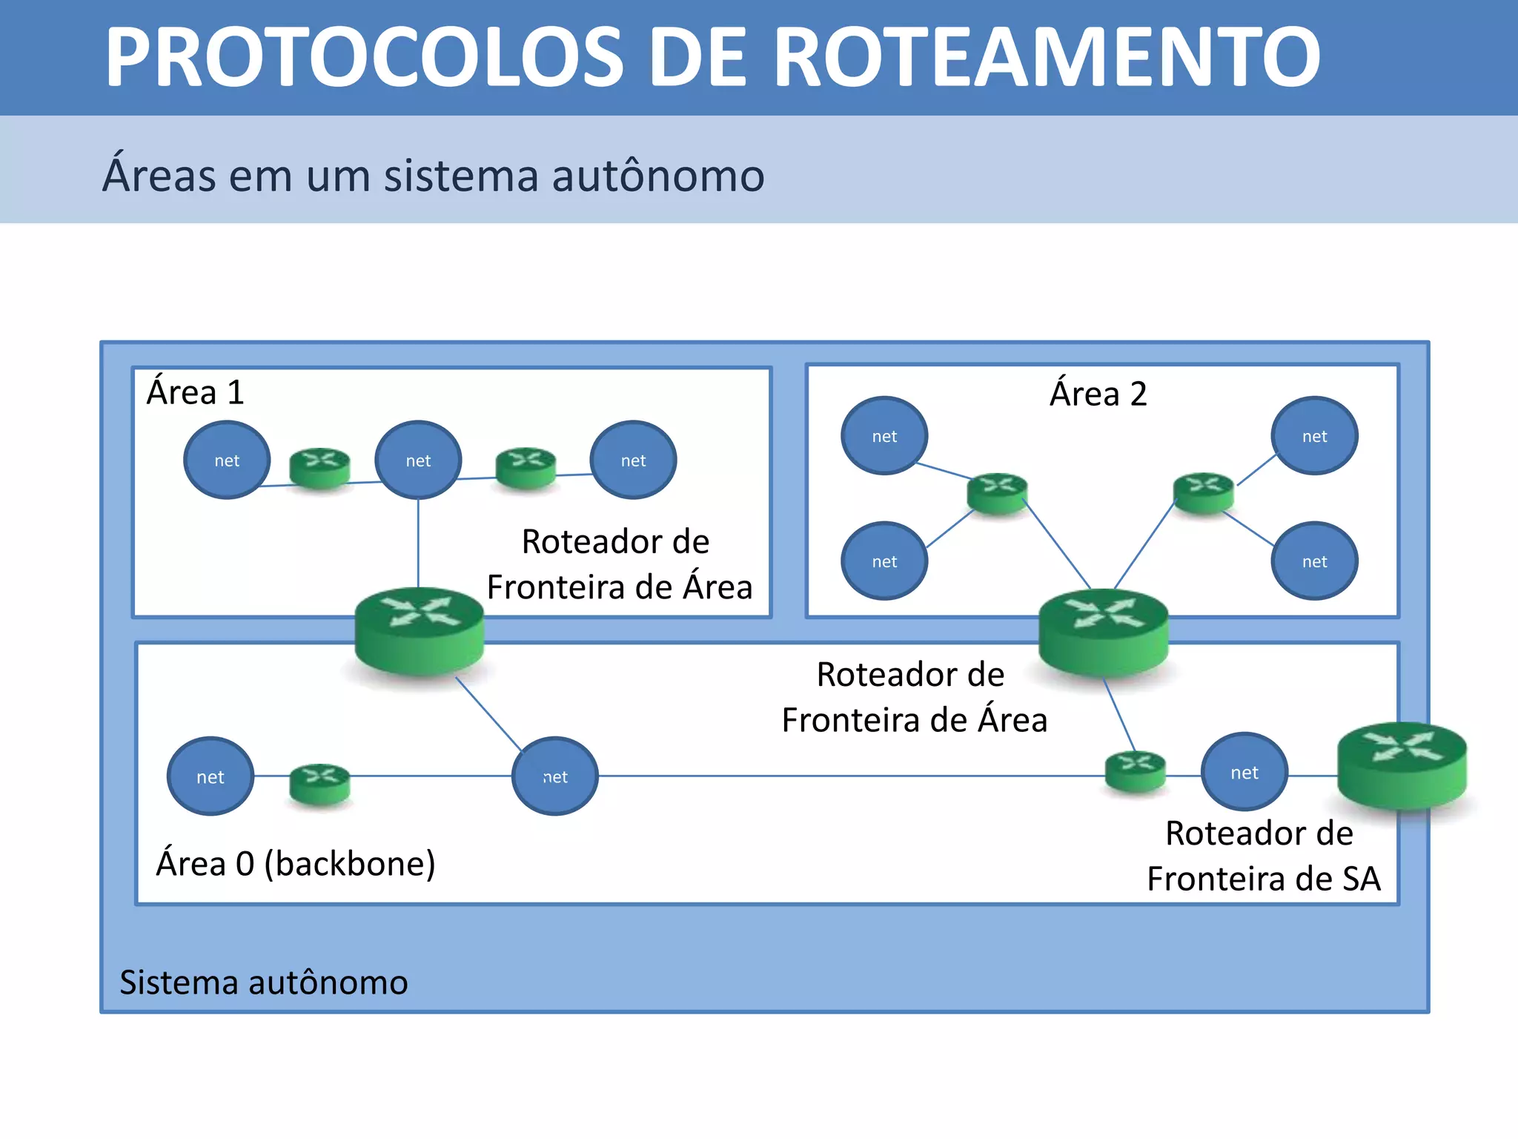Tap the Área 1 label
[195, 392]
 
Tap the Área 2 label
[1098, 394]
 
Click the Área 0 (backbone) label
[295, 864]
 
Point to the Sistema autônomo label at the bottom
[263, 983]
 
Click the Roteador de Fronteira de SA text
[1262, 856]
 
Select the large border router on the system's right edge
[1401, 766]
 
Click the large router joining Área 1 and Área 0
[420, 632]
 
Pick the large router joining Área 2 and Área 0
[1103, 633]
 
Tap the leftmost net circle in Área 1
[227, 460]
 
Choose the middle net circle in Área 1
[418, 460]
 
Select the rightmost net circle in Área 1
[633, 460]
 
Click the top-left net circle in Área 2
[884, 436]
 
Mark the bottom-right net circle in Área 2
[1314, 561]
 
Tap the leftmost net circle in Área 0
[211, 776]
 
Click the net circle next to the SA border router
[1244, 773]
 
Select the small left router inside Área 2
[998, 493]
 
